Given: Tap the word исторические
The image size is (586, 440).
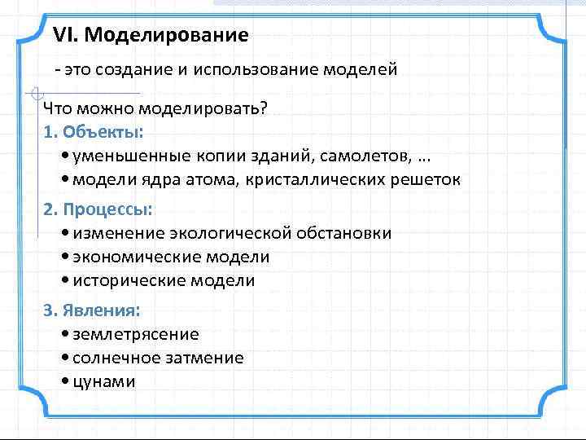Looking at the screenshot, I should click(x=129, y=280).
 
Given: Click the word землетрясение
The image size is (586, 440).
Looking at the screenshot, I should click(x=135, y=334).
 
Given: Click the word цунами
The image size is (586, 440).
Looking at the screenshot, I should click(x=103, y=381).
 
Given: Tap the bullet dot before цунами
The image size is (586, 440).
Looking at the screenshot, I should click(x=65, y=381).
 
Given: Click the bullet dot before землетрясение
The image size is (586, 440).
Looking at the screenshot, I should click(x=65, y=334).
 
